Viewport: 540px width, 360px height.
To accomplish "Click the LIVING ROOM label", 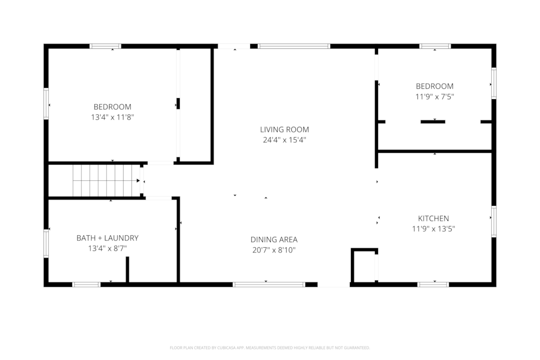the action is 285,129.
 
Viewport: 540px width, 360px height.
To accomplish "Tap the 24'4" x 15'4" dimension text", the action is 285,140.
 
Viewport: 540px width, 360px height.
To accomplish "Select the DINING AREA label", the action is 274,239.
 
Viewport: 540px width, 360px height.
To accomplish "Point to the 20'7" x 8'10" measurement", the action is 274,250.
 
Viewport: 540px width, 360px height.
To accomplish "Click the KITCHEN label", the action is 433,218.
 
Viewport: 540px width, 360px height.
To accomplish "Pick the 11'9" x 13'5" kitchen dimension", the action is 433,229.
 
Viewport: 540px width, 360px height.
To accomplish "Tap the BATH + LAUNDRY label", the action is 107,238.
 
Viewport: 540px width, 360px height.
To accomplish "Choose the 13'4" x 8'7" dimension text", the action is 107,248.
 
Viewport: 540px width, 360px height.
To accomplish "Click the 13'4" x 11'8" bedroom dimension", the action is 112,117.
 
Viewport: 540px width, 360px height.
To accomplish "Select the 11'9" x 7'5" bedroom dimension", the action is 435,97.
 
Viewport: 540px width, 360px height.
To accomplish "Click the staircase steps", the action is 106,180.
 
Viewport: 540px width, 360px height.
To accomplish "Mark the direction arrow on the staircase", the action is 138,180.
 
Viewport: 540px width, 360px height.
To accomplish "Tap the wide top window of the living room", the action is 294,46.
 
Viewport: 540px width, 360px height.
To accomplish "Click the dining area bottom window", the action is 268,285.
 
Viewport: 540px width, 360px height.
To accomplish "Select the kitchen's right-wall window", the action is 494,221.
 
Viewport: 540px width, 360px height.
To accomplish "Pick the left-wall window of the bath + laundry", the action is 46,244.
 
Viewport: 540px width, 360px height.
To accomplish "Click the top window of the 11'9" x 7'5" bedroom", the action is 435,46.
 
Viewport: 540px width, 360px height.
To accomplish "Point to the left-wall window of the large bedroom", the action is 46,104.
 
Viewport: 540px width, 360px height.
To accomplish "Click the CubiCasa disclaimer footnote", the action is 269,348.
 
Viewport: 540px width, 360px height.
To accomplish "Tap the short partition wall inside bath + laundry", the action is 127,270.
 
